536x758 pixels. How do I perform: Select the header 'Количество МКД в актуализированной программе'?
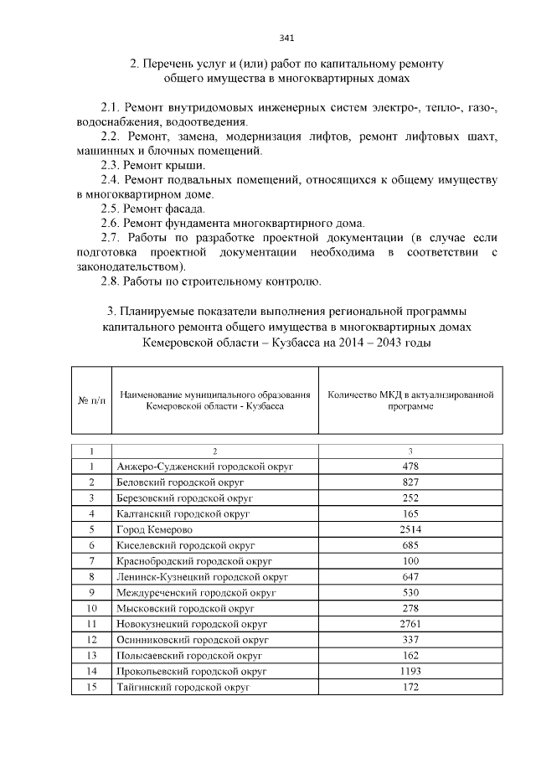point(410,400)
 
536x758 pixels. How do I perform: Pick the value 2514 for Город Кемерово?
point(410,529)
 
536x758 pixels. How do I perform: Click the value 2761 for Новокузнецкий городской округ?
point(410,624)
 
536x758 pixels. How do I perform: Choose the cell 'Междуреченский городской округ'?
point(197,592)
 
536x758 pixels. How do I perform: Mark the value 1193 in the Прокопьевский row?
point(410,671)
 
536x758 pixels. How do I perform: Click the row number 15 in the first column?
point(92,687)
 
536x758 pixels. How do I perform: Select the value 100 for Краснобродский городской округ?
point(410,560)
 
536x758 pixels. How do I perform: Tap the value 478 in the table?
point(410,467)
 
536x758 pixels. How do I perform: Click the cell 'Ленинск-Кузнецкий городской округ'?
point(203,576)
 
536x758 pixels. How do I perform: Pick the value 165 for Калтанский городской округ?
point(410,513)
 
